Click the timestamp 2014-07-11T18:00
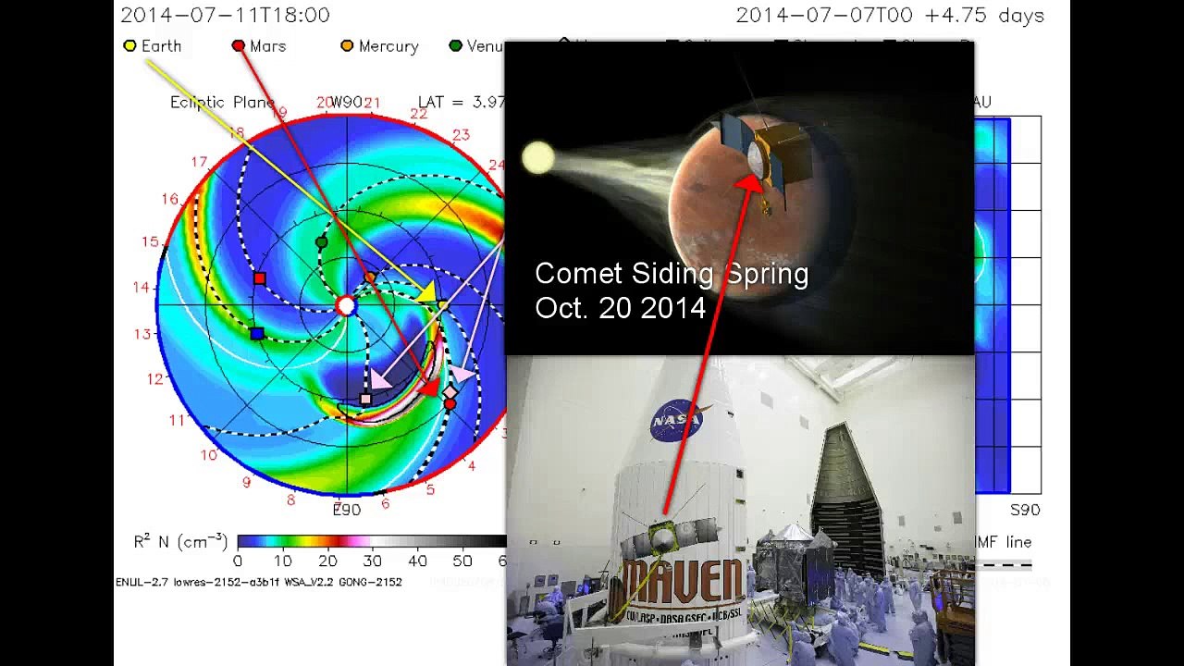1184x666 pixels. pyautogui.click(x=225, y=16)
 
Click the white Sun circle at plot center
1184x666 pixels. pyautogui.click(x=346, y=306)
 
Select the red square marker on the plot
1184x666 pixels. pyautogui.click(x=260, y=278)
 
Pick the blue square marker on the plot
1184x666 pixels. pyautogui.click(x=257, y=333)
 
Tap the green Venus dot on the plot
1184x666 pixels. pyautogui.click(x=321, y=242)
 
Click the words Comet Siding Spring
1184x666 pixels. pyautogui.click(x=672, y=274)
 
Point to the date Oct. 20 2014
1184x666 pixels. pyautogui.click(x=620, y=308)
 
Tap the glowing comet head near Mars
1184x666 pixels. pyautogui.click(x=537, y=158)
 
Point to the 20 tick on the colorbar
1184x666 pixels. pyautogui.click(x=327, y=561)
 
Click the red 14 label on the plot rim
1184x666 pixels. pyautogui.click(x=141, y=288)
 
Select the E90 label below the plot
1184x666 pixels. pyautogui.click(x=347, y=510)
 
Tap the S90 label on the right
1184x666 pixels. pyautogui.click(x=1025, y=510)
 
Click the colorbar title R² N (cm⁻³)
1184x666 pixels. pyautogui.click(x=180, y=541)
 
